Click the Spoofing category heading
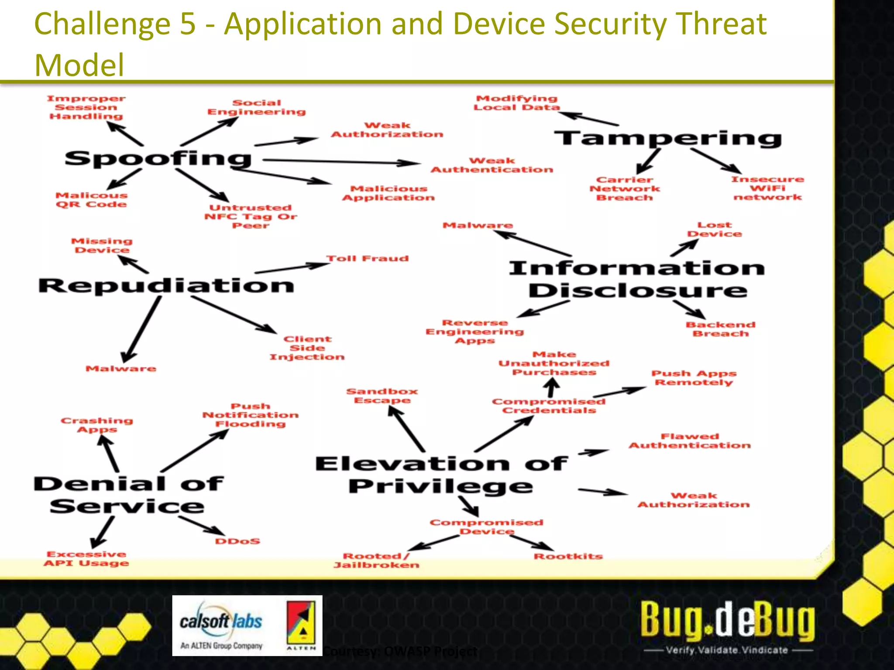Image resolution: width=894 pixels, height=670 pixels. click(x=158, y=159)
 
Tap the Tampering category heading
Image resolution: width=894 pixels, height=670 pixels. click(x=668, y=138)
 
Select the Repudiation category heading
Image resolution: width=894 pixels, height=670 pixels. click(x=166, y=286)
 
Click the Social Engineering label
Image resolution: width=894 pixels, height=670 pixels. click(x=256, y=107)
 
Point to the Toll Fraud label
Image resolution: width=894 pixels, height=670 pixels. click(x=368, y=259)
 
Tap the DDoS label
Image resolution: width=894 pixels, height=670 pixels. click(x=237, y=541)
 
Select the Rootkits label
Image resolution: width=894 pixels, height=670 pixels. click(x=568, y=556)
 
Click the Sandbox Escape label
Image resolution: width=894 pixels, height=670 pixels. click(x=382, y=396)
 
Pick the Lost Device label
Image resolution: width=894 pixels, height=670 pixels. click(x=714, y=229)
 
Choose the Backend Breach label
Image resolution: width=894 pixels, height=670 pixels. click(x=720, y=329)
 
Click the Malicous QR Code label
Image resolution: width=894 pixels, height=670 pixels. click(x=91, y=200)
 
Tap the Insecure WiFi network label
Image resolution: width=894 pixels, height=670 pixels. click(x=767, y=188)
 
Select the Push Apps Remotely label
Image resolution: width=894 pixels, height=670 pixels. click(x=694, y=378)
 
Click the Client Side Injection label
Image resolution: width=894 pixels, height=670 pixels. click(x=307, y=348)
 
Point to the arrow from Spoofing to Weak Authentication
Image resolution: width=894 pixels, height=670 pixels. click(x=340, y=162)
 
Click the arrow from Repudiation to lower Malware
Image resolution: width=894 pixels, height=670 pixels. click(x=142, y=329)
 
